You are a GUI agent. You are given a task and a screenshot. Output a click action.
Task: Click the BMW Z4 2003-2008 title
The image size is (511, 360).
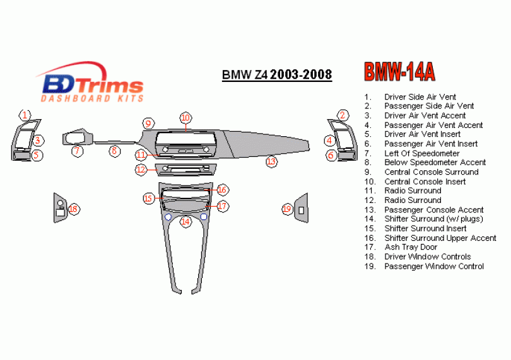276,75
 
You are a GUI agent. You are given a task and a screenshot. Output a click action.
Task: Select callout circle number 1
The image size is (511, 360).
24,115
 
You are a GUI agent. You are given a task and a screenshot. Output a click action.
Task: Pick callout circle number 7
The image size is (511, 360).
77,151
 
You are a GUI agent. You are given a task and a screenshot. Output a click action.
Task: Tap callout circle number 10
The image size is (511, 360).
185,117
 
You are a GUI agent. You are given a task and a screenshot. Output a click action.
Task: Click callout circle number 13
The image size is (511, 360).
271,161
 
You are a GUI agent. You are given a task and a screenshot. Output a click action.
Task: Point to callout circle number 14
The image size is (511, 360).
185,221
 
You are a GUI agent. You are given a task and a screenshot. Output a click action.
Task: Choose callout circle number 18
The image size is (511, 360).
74,209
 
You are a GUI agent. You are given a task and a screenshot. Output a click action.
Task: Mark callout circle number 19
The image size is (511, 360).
287,209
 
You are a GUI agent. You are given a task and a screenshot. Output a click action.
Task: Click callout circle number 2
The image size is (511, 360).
343,115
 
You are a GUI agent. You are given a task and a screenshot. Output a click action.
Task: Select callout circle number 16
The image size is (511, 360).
222,190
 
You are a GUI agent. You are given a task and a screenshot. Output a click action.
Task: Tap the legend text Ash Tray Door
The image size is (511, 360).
411,247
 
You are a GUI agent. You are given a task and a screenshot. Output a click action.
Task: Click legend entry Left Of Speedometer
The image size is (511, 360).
421,153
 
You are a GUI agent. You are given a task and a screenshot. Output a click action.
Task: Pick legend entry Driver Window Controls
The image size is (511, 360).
427,257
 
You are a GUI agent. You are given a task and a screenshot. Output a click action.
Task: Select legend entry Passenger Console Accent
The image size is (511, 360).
433,210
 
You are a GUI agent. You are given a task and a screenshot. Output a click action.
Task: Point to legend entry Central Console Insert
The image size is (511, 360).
425,182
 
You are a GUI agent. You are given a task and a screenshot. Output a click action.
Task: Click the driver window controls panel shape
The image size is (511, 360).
59,207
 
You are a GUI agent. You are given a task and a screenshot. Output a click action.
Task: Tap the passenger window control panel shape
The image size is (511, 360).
302,209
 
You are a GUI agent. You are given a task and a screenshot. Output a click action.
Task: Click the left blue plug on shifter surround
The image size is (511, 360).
168,217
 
